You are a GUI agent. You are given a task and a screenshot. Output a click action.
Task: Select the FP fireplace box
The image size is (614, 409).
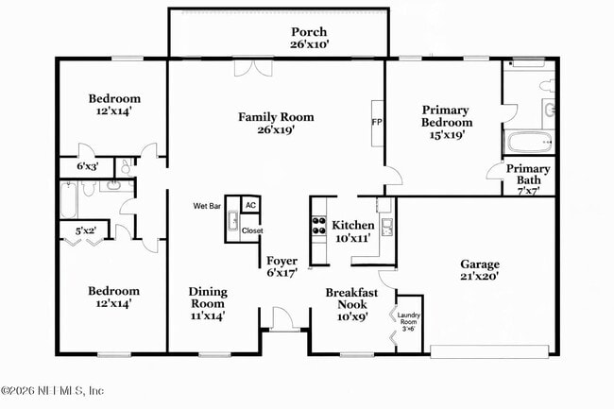coord(377,123)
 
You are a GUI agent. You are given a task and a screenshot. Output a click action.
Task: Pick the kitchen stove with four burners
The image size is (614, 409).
coord(318,226)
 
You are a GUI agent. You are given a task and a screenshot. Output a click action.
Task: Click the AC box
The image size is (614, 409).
coord(250,205)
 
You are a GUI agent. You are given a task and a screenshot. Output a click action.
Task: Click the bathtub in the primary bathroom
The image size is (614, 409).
coord(529,144)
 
